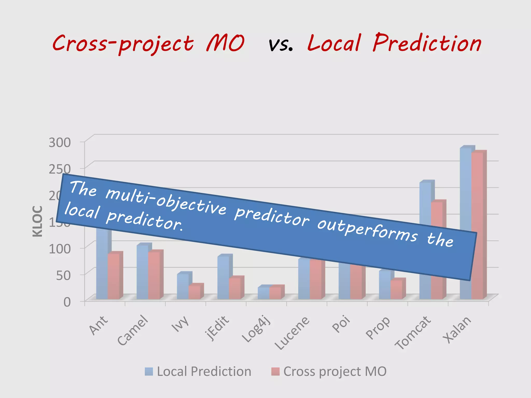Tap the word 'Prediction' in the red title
click(x=427, y=43)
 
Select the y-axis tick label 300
click(x=60, y=142)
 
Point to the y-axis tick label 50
click(x=64, y=275)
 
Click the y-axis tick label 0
click(x=67, y=302)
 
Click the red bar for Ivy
click(x=194, y=292)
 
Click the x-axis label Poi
click(x=341, y=324)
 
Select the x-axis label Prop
click(x=378, y=328)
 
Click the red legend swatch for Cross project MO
click(x=275, y=371)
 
